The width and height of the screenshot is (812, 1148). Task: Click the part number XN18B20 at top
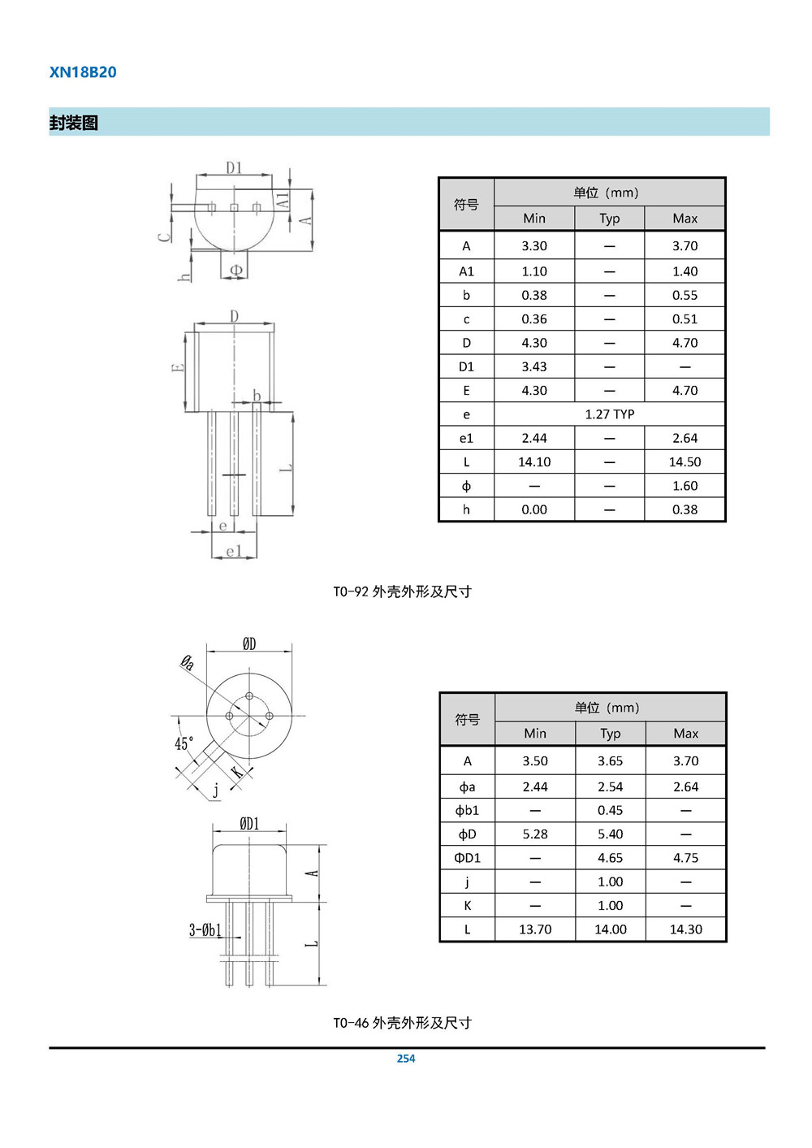pyautogui.click(x=83, y=72)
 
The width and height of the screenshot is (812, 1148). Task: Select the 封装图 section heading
pyautogui.click(x=74, y=123)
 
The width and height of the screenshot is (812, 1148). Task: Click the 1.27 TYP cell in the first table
pyautogui.click(x=609, y=414)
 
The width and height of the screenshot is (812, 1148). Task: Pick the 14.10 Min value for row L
pyautogui.click(x=534, y=462)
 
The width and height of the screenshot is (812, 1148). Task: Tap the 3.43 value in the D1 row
pyautogui.click(x=534, y=367)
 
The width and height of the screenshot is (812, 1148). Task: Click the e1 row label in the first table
pyautogui.click(x=466, y=439)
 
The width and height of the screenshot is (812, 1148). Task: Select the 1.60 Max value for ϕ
pyautogui.click(x=685, y=486)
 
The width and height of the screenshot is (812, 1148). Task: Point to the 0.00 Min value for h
pyautogui.click(x=534, y=510)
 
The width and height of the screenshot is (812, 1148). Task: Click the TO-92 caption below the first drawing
pyautogui.click(x=402, y=591)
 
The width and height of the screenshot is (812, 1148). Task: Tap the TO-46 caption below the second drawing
pyautogui.click(x=402, y=1023)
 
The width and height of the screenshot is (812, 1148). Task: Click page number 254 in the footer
pyautogui.click(x=406, y=1059)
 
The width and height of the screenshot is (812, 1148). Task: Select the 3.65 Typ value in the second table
pyautogui.click(x=610, y=761)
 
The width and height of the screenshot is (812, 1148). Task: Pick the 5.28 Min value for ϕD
pyautogui.click(x=535, y=834)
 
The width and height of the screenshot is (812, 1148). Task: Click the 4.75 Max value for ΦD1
pyautogui.click(x=685, y=858)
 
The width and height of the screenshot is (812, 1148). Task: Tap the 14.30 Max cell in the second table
pyautogui.click(x=685, y=929)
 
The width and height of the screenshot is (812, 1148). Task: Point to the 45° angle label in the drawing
pyautogui.click(x=184, y=743)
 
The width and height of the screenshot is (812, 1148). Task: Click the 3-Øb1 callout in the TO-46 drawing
pyautogui.click(x=205, y=930)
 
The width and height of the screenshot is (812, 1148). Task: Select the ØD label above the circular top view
pyautogui.click(x=249, y=644)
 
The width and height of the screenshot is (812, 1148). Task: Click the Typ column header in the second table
pyautogui.click(x=610, y=734)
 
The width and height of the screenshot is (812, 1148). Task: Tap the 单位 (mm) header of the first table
pyautogui.click(x=606, y=193)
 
